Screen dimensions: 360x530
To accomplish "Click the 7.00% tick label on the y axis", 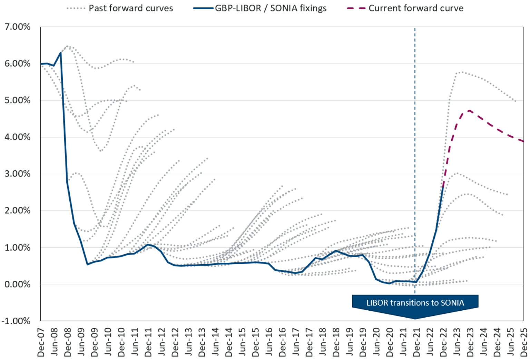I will click(x=17, y=27).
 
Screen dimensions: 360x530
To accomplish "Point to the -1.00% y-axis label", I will click(x=16, y=321).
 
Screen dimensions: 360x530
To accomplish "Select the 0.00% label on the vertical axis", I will click(x=17, y=284).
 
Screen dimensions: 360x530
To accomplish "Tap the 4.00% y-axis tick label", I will click(x=17, y=137).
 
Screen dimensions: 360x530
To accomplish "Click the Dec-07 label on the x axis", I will click(x=41, y=342).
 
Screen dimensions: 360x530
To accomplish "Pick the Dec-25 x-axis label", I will click(x=524, y=342).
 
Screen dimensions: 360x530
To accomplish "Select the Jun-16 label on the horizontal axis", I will click(x=269, y=342).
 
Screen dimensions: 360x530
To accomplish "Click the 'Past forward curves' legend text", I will click(x=131, y=8).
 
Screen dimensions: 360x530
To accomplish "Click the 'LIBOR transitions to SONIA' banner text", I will click(x=415, y=303).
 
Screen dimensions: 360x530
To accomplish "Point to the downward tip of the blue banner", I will click(x=415, y=318).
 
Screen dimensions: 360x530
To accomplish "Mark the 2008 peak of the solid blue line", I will click(x=61, y=53).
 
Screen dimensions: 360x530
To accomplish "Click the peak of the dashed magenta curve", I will click(x=470, y=110).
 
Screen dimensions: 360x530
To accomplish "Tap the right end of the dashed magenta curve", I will click(x=523, y=141).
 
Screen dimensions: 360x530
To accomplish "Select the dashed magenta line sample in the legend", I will click(x=356, y=8).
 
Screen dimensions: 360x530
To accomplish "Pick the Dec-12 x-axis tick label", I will click(x=175, y=342).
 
